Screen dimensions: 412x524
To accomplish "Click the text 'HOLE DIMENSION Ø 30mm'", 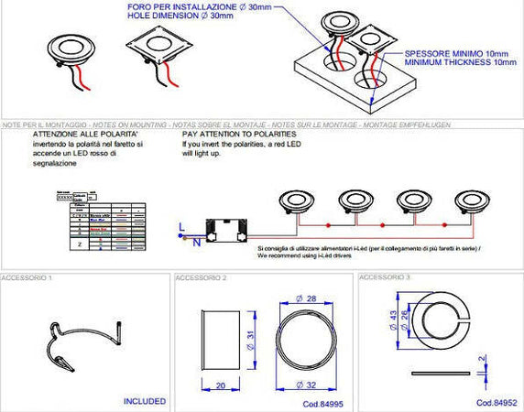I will [x=225, y=15].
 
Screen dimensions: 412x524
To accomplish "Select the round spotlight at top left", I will [x=70, y=51].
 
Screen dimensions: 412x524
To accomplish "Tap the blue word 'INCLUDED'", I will [x=145, y=401].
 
